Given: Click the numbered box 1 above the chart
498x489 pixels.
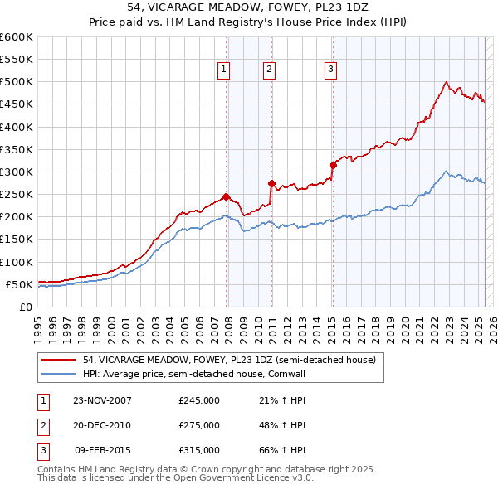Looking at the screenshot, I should pos(224,70).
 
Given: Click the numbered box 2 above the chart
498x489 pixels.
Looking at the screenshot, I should pos(270,70).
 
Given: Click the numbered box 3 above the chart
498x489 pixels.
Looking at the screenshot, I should pos(330,70).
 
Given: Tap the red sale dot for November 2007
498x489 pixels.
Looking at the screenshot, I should pos(227,197).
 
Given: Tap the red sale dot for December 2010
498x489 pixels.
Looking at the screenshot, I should pos(271,183).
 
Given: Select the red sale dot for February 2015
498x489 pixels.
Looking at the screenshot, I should pos(333,165).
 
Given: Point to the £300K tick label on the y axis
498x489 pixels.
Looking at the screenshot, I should pos(17,172).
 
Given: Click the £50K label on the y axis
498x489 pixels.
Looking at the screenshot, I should pos(19,284).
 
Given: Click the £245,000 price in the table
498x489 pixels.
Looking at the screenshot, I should pos(199,400).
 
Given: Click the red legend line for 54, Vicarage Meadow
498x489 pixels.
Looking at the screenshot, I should pos(58,360).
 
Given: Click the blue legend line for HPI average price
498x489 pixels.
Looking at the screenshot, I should pos(58,375).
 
